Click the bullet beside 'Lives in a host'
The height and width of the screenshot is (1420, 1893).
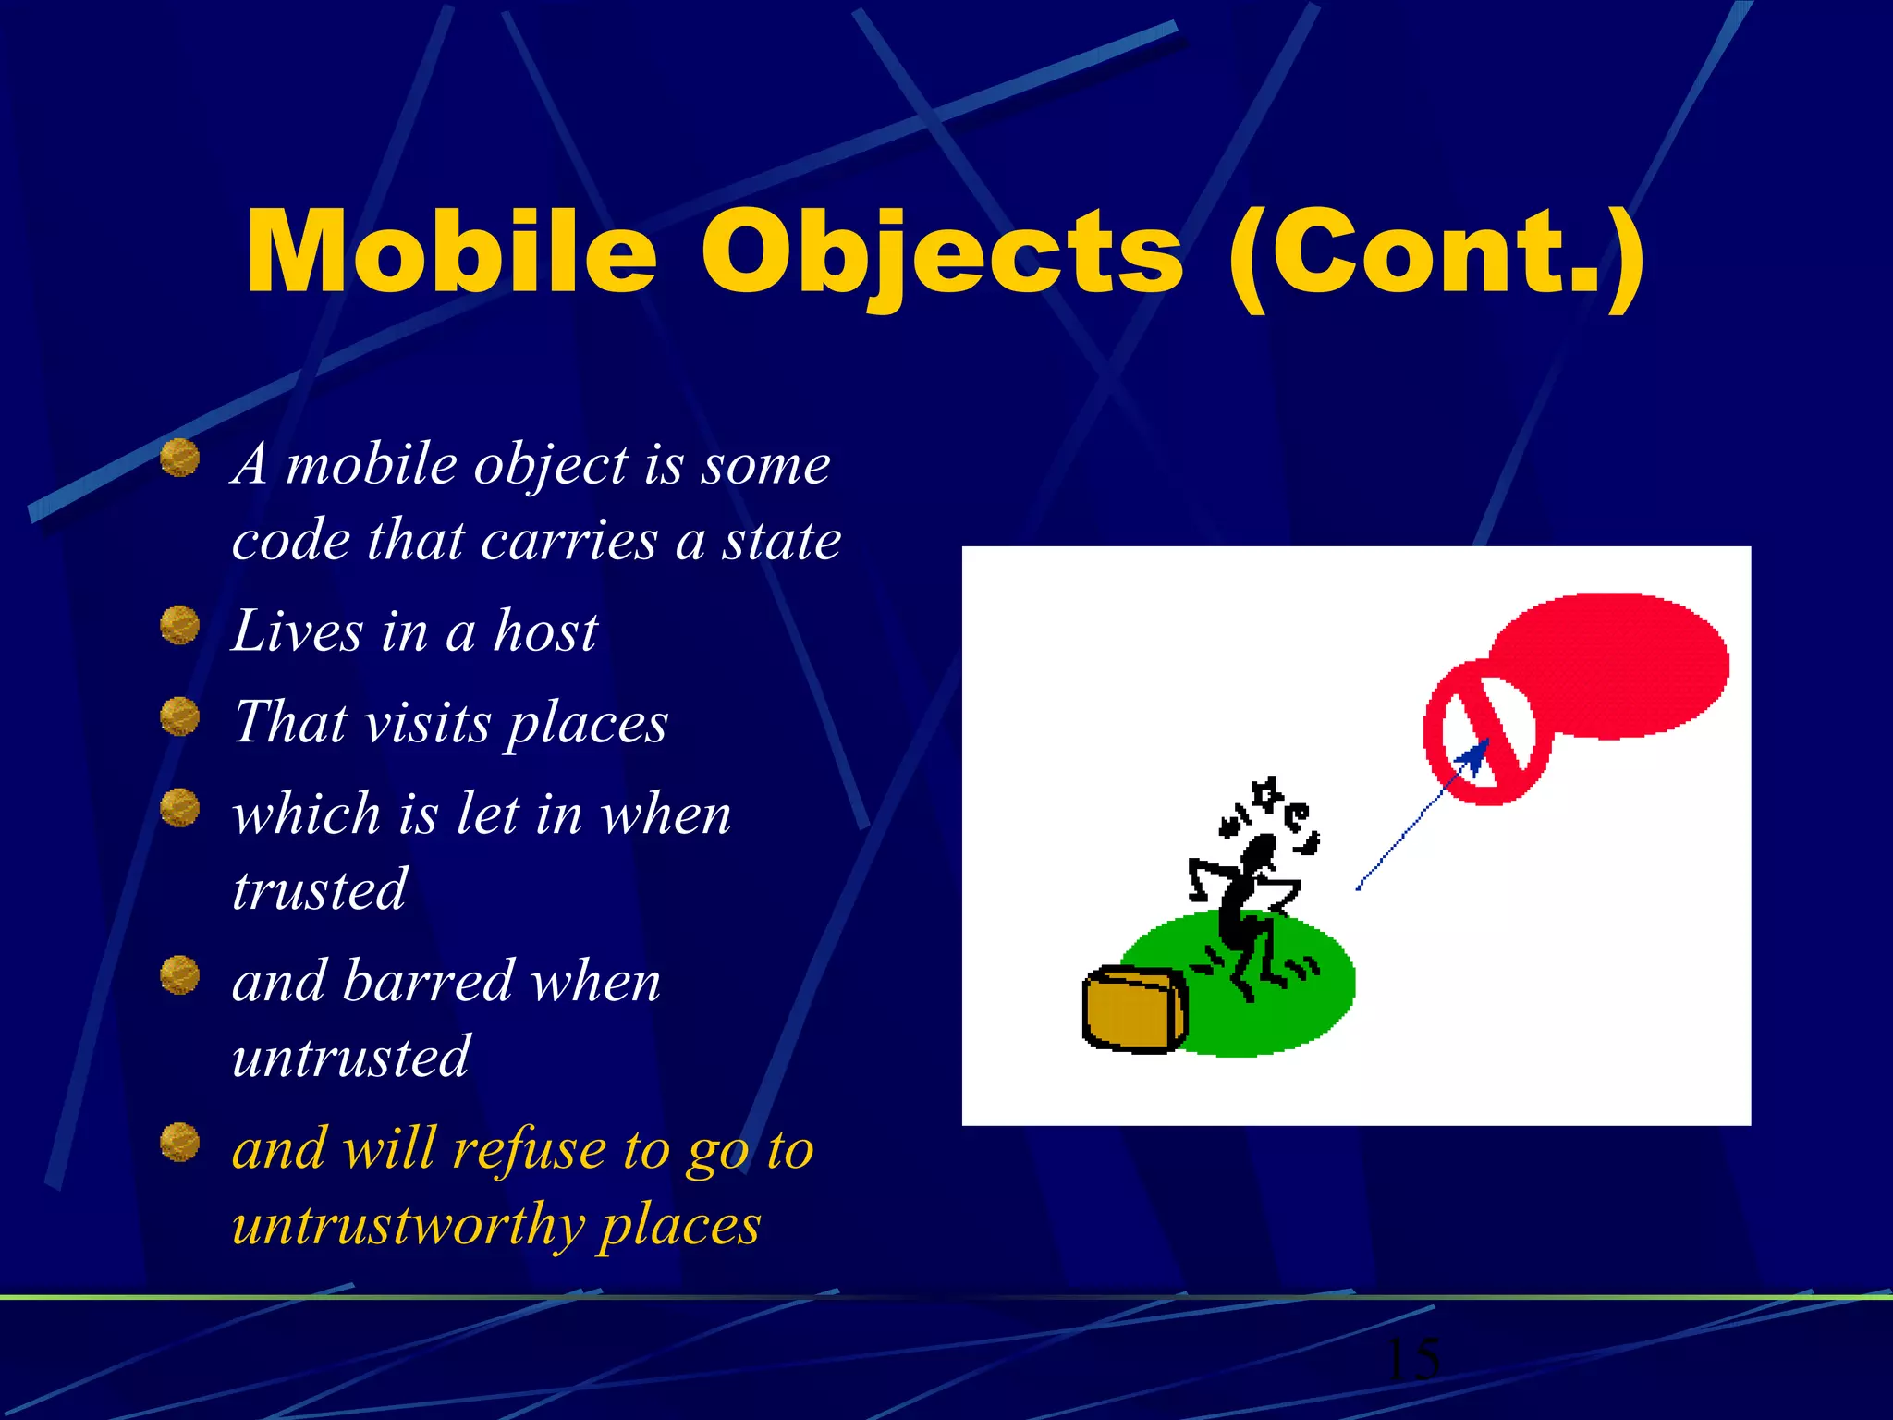(x=179, y=626)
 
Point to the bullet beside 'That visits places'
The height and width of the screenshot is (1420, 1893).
(x=179, y=716)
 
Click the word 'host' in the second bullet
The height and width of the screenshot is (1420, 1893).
(x=545, y=631)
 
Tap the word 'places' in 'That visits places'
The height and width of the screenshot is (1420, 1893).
(x=588, y=724)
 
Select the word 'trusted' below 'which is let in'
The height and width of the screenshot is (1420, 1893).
(x=319, y=889)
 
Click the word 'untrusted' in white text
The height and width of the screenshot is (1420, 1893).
(x=351, y=1056)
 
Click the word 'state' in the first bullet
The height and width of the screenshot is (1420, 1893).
(x=781, y=540)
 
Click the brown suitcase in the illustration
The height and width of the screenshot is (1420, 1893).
(x=1133, y=1010)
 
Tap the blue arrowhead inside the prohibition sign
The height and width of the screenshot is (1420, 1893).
(x=1474, y=758)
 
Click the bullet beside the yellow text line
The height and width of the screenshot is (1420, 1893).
(x=179, y=1142)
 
